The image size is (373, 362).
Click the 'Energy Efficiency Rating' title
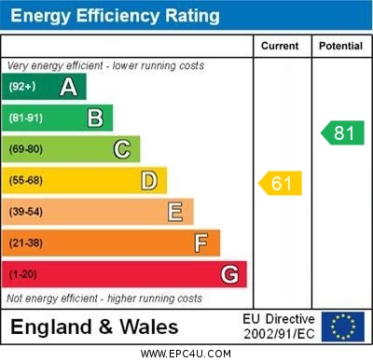115,16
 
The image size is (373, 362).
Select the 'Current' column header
280,46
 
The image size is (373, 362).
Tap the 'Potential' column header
340,46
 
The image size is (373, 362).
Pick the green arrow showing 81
342,132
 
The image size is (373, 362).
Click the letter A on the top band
68,87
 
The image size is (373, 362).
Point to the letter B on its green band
95,118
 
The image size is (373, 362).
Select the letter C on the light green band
122,149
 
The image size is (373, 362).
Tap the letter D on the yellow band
149,180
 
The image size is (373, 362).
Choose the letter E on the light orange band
175,212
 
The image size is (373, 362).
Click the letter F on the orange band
201,243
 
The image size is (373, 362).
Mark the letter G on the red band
229,274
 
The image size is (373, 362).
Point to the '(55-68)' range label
26,181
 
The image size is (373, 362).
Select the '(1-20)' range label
23,275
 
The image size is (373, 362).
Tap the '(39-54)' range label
26,213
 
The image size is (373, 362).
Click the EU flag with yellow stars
343,327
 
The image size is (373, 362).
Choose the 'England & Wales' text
94,327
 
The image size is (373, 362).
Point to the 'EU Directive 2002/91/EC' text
279,327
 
